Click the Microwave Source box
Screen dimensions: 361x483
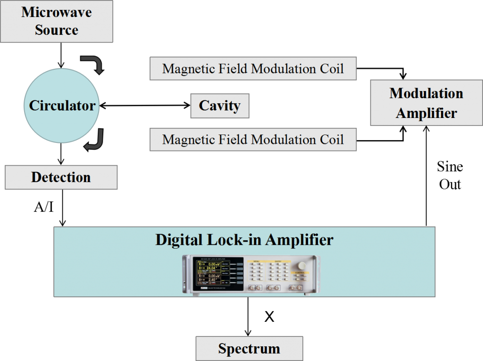57,21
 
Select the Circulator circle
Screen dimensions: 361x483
62,105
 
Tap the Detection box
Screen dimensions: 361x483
61,177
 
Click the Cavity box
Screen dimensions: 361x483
219,105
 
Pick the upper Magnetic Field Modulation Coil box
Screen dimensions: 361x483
253,69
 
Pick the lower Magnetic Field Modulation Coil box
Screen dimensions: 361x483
253,140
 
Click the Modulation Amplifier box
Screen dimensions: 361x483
426,103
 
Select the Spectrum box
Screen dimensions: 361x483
249,349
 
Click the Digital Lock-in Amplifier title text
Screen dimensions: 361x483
244,240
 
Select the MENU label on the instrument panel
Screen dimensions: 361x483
256,261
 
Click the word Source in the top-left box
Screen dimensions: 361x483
56,30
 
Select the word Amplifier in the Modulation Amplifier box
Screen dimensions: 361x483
426,113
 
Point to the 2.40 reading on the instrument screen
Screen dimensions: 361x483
211,280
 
